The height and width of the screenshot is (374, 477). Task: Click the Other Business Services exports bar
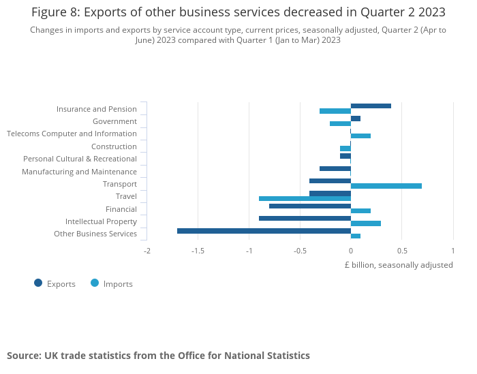pyautogui.click(x=264, y=231)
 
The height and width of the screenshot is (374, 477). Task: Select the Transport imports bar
pyautogui.click(x=386, y=186)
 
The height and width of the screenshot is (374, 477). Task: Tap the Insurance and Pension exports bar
pyautogui.click(x=371, y=106)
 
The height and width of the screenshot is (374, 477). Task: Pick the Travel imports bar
pyautogui.click(x=305, y=199)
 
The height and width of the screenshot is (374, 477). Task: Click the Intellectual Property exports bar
pyautogui.click(x=305, y=218)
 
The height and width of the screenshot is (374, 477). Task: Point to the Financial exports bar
pyautogui.click(x=310, y=206)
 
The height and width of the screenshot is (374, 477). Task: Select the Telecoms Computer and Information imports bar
pyautogui.click(x=360, y=136)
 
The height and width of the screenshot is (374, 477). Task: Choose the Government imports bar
pyautogui.click(x=340, y=123)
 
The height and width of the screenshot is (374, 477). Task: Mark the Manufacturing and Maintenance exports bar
pyautogui.click(x=335, y=168)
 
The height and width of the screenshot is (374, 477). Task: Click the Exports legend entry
pyautogui.click(x=55, y=283)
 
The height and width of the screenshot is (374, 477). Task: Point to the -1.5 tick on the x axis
pyautogui.click(x=198, y=251)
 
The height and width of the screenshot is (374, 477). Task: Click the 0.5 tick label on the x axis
pyautogui.click(x=401, y=251)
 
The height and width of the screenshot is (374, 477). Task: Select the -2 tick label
pyautogui.click(x=147, y=251)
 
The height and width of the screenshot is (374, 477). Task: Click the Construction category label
pyautogui.click(x=114, y=146)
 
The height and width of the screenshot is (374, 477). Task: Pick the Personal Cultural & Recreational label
pyautogui.click(x=80, y=159)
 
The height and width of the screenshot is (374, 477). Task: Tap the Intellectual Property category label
pyautogui.click(x=101, y=221)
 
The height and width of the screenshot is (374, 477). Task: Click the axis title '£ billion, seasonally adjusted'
pyautogui.click(x=398, y=265)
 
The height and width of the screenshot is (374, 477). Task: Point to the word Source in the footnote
pyautogui.click(x=23, y=356)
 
